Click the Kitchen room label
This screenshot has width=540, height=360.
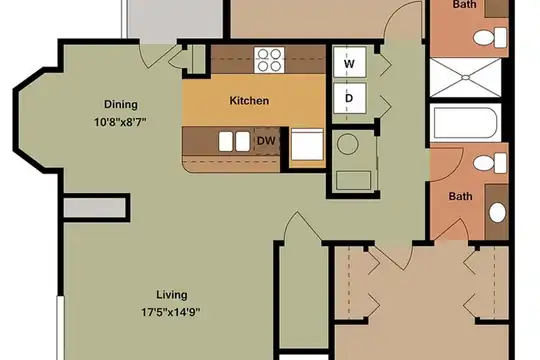pos(249,101)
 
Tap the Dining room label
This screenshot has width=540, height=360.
pos(121,104)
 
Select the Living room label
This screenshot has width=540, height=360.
pos(172,295)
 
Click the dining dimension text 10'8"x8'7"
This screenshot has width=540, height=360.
pos(121,122)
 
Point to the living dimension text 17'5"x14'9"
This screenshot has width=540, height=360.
pos(171,312)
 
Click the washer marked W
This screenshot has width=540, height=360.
pos(349,63)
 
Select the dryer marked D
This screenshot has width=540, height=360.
pos(349,98)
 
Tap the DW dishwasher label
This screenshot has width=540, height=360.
pos(266,141)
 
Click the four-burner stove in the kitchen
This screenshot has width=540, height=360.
pos(269,60)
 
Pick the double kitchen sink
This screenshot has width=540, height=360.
pos(234,141)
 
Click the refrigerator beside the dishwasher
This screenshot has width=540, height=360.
pos(307,144)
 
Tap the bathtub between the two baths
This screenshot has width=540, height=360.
pos(465,123)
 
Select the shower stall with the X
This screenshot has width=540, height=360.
pos(465,78)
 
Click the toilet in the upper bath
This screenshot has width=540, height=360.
pos(490,38)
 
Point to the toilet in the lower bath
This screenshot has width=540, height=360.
pos(490,163)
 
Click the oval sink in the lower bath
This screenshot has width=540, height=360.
pos(497,213)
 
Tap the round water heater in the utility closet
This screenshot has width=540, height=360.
pos(348,144)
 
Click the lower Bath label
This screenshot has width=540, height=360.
pos(460,196)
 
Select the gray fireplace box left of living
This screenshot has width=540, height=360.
pos(94,208)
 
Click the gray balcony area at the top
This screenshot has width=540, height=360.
pos(175,19)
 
